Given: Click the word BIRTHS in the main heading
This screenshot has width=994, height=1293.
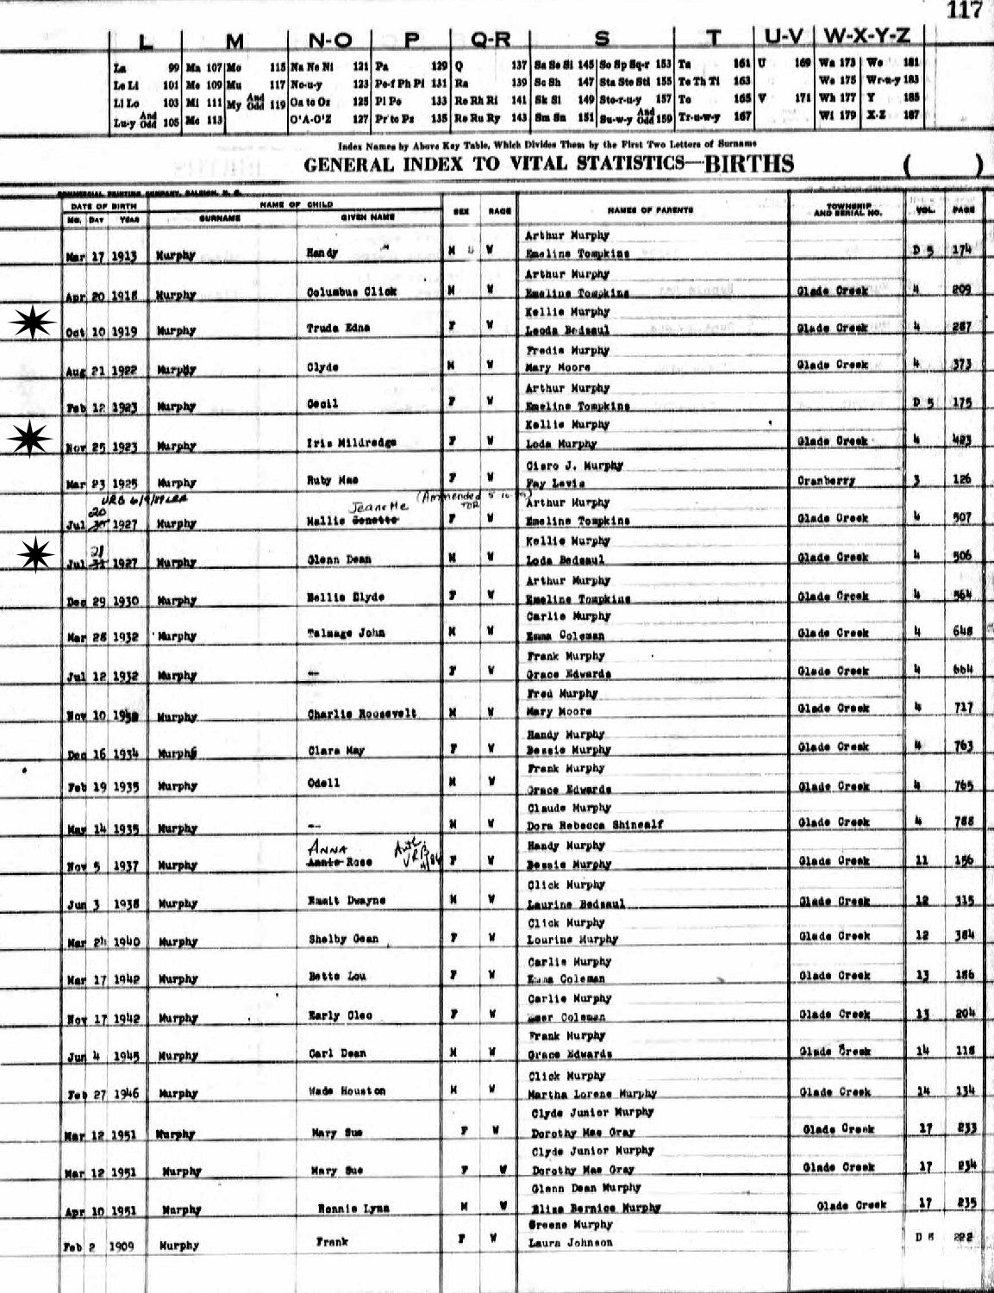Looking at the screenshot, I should pos(748,165).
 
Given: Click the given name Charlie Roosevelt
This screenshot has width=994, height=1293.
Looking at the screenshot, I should pos(362,714).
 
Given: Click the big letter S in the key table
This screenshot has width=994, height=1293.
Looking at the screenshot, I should pos(603,39).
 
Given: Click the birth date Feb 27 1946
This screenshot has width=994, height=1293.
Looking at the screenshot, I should pos(103,1094).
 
